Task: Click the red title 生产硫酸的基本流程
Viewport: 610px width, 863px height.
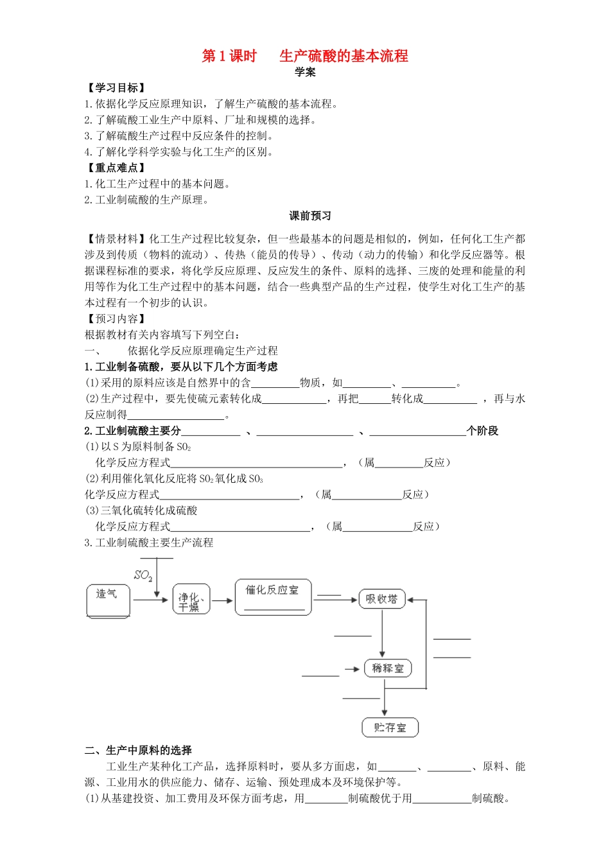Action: (344, 56)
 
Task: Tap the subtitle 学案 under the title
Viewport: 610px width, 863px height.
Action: (305, 72)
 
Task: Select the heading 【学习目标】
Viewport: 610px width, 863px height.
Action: (116, 88)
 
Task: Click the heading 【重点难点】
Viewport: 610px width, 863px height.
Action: (116, 168)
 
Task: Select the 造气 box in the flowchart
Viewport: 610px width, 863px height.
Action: (108, 601)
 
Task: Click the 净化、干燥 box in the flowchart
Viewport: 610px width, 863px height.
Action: (191, 602)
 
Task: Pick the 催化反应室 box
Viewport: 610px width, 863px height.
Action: (273, 597)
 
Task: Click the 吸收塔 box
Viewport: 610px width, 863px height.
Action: (382, 599)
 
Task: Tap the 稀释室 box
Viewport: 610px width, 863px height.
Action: (388, 668)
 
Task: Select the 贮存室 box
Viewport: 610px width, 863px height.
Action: (390, 728)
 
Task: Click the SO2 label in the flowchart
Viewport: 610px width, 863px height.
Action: (143, 575)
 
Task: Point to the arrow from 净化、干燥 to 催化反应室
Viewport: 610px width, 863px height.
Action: (222, 601)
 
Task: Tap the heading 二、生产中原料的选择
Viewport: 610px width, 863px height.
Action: (138, 750)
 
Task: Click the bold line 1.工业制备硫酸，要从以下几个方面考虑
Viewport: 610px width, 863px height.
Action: (181, 367)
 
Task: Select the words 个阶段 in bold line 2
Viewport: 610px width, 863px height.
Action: (482, 431)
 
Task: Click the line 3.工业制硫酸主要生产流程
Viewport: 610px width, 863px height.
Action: (148, 543)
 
